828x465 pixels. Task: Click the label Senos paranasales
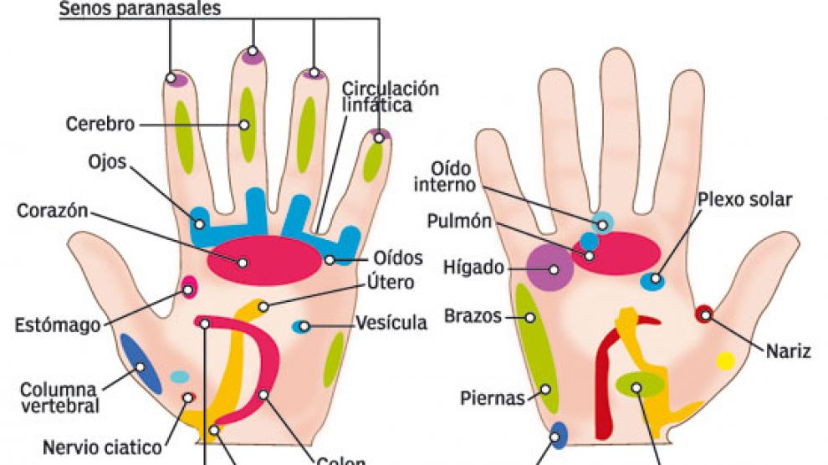[140, 10]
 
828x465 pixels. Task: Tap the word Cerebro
[100, 125]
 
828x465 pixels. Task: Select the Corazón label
[53, 210]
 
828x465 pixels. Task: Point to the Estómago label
[59, 324]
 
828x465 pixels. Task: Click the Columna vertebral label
[59, 397]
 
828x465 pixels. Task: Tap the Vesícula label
[391, 323]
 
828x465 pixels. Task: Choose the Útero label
[390, 283]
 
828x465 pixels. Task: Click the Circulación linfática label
[390, 96]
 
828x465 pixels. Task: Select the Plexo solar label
[744, 199]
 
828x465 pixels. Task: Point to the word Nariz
[789, 350]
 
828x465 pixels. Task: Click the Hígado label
[474, 268]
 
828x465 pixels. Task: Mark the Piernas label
[493, 397]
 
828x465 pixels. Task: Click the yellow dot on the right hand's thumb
[725, 360]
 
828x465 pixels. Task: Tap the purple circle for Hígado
[549, 268]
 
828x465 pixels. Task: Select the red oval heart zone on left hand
[263, 260]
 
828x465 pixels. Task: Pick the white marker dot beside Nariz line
[706, 315]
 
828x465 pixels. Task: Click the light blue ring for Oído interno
[602, 222]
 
